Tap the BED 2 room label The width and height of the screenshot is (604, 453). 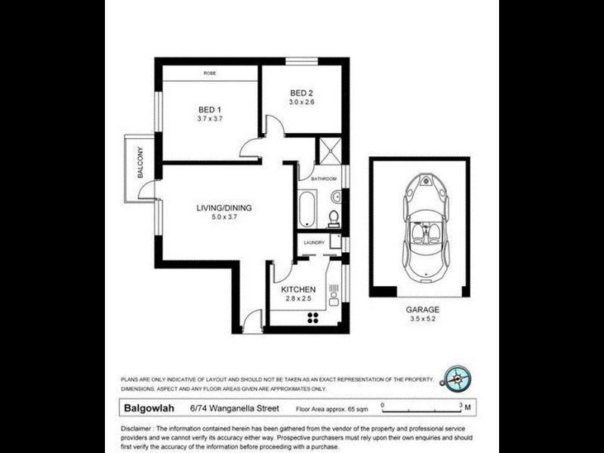(x=300, y=93)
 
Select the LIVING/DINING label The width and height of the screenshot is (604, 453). (x=224, y=209)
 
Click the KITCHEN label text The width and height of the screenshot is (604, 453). (x=298, y=290)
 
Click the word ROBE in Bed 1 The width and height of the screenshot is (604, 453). (x=211, y=74)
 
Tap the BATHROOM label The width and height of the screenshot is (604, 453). (x=323, y=179)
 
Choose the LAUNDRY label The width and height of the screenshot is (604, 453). (x=314, y=242)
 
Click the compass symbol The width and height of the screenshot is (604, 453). (x=458, y=376)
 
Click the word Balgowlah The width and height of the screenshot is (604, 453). (x=147, y=408)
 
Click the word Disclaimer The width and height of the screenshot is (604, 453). (x=138, y=429)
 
